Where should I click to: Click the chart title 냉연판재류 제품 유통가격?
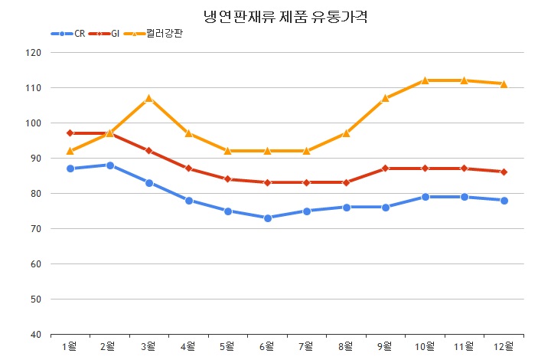(285, 16)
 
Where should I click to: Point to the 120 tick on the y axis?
(32, 53)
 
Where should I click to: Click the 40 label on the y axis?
(35, 335)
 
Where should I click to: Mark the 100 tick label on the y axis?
(32, 123)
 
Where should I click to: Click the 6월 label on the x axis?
(267, 347)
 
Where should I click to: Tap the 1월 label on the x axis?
(70, 347)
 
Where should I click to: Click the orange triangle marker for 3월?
(149, 98)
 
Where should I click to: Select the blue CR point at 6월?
(267, 218)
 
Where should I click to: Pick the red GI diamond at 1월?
(70, 133)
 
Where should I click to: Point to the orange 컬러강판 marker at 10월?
(425, 80)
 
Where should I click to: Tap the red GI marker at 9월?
(386, 169)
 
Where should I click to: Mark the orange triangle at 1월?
(70, 151)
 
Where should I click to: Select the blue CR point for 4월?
(188, 201)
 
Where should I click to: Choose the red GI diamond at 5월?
(228, 179)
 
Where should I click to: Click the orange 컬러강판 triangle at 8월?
(346, 133)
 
